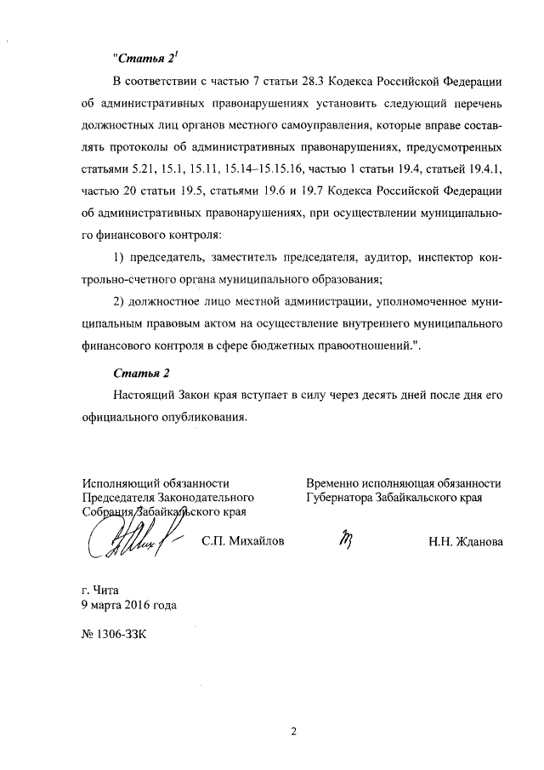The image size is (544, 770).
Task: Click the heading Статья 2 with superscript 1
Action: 145,60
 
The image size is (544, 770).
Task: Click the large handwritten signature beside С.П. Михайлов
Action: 127,534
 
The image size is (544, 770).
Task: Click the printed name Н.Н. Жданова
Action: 465,542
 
